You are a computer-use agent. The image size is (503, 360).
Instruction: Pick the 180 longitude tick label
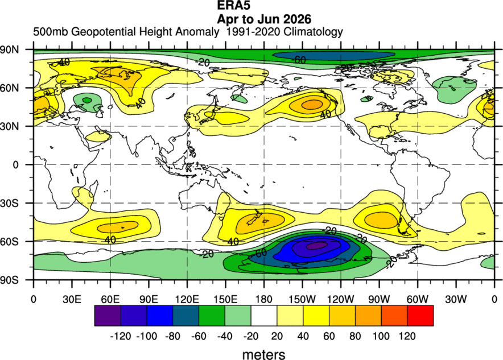(x=263, y=299)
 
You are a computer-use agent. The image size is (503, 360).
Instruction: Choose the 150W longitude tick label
(x=302, y=299)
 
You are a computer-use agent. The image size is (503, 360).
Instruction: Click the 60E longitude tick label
(x=110, y=299)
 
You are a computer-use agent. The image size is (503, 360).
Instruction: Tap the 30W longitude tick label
(x=456, y=299)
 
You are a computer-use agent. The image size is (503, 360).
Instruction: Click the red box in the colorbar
(x=420, y=316)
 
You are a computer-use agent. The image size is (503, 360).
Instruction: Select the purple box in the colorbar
(x=108, y=316)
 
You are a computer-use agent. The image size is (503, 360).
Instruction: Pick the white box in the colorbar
(x=264, y=316)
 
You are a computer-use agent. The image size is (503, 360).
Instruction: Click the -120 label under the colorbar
(x=121, y=336)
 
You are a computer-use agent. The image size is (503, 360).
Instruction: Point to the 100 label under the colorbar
(x=381, y=336)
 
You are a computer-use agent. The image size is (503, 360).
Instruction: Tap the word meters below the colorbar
(x=263, y=354)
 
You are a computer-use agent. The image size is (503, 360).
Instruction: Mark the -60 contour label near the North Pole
(x=299, y=60)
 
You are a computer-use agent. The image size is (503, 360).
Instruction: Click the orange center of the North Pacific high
(x=312, y=104)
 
